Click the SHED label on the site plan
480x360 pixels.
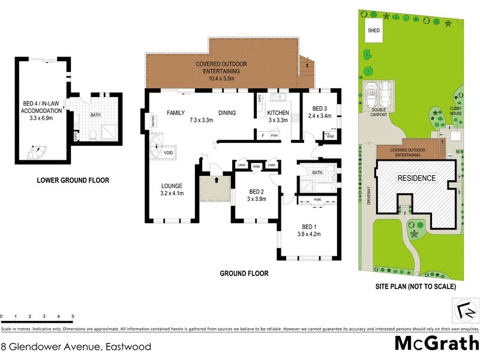[x=374, y=31]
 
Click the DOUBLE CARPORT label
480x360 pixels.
[x=379, y=112]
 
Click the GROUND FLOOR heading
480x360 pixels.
[x=244, y=274]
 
